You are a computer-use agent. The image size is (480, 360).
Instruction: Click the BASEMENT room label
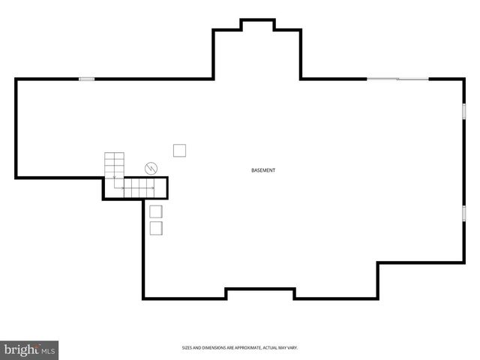[x=263, y=170]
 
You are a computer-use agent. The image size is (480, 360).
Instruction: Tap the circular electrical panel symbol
[x=151, y=168]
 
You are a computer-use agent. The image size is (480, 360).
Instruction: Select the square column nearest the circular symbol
[x=179, y=151]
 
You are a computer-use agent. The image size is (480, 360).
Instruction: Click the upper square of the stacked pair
[x=156, y=211]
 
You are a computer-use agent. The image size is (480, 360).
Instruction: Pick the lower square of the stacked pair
[x=156, y=228]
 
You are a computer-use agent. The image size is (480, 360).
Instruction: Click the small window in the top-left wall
[x=87, y=79]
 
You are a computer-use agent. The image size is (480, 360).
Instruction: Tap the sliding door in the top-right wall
[x=397, y=79]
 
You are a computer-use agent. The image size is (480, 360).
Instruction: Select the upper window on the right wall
[x=463, y=111]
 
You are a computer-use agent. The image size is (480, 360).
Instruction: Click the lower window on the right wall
[x=463, y=213]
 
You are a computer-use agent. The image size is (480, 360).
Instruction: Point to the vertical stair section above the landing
[x=114, y=165]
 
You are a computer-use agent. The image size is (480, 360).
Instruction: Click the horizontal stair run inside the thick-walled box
[x=139, y=188]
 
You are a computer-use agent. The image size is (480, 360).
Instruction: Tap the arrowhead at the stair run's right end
[x=153, y=187]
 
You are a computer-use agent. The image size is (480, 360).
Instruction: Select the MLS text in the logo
[x=48, y=351]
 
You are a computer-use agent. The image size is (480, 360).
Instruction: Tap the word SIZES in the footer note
[x=187, y=348]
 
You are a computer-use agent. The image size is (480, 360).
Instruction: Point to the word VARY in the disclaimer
[x=292, y=348]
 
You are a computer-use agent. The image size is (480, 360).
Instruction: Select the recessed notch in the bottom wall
[x=260, y=293]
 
